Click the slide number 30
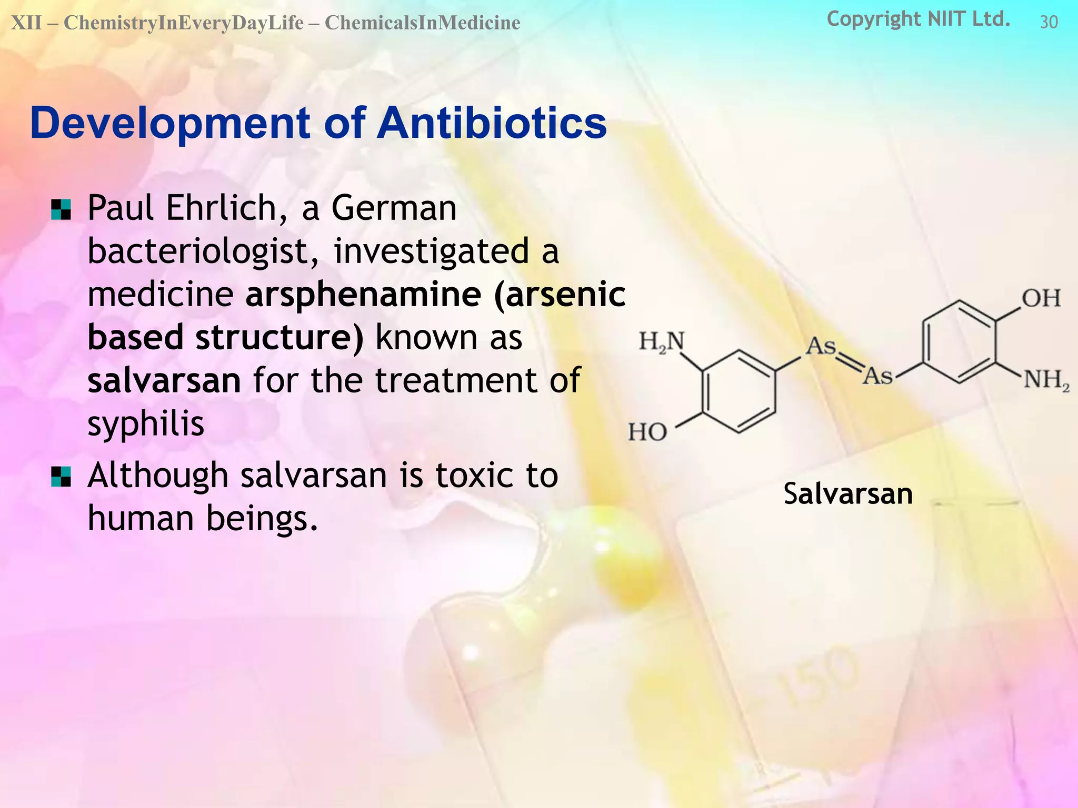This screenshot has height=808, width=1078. [x=1049, y=22]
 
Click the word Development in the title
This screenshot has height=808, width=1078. [x=170, y=124]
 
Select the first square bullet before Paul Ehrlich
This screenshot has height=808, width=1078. [x=61, y=209]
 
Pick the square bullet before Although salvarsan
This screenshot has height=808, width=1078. [x=61, y=477]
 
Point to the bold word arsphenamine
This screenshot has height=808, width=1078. [x=363, y=294]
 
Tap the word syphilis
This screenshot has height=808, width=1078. [x=145, y=424]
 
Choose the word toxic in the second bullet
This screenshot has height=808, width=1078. [x=470, y=476]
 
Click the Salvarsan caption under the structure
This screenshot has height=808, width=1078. [x=848, y=494]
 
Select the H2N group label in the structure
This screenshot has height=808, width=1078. [x=662, y=342]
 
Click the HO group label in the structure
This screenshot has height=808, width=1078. [x=647, y=432]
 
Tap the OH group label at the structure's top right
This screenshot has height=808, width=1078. [x=1041, y=298]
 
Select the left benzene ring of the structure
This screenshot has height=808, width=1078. [x=739, y=392]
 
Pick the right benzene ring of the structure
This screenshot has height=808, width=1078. [x=959, y=342]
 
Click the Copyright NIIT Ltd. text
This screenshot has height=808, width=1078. [x=919, y=19]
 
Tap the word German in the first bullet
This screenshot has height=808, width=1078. [x=394, y=208]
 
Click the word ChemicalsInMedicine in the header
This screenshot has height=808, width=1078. [x=422, y=23]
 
